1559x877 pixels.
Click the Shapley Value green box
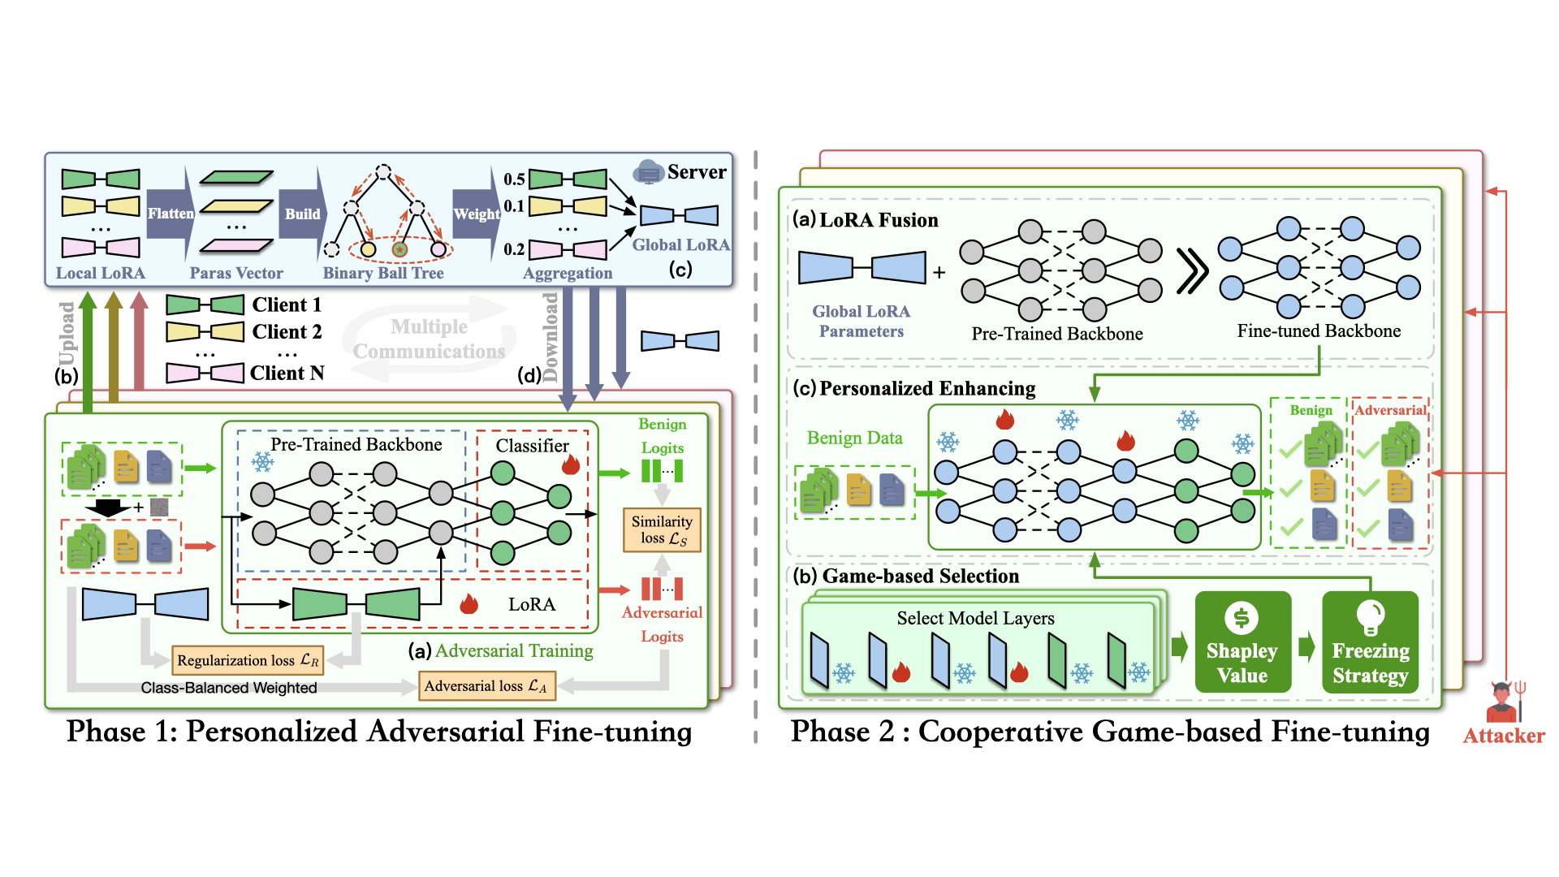pyautogui.click(x=1242, y=642)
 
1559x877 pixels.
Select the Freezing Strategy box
pyautogui.click(x=1370, y=642)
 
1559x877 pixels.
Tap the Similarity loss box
pyautogui.click(x=662, y=529)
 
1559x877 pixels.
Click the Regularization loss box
pyautogui.click(x=248, y=660)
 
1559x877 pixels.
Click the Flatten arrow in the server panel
pyautogui.click(x=171, y=214)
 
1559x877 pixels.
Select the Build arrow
pyautogui.click(x=302, y=214)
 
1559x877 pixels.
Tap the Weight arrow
pyautogui.click(x=476, y=214)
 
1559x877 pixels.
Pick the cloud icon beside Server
pyautogui.click(x=648, y=171)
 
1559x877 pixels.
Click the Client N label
pyautogui.click(x=287, y=373)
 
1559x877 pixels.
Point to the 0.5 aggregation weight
pyautogui.click(x=514, y=179)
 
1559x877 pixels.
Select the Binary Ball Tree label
pyautogui.click(x=383, y=273)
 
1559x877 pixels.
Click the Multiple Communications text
pyautogui.click(x=429, y=339)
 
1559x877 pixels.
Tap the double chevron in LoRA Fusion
pyautogui.click(x=1191, y=271)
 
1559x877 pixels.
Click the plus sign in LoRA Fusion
pyautogui.click(x=939, y=272)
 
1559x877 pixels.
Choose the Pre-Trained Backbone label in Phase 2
pyautogui.click(x=1057, y=334)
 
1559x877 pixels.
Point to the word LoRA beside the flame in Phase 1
pyautogui.click(x=532, y=604)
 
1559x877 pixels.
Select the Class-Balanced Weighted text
pyautogui.click(x=229, y=688)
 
